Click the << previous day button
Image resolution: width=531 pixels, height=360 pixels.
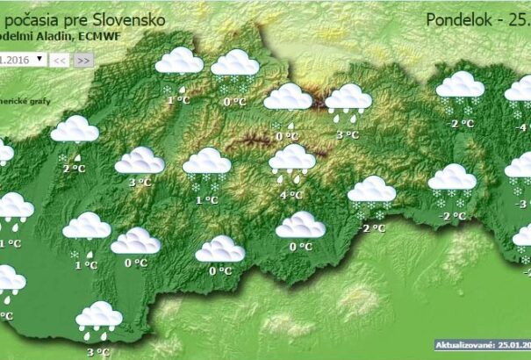click(x=59, y=60)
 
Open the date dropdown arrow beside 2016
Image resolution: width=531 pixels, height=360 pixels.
click(x=39, y=59)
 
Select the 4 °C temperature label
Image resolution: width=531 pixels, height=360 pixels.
click(x=291, y=194)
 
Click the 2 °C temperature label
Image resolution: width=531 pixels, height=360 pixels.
click(x=74, y=168)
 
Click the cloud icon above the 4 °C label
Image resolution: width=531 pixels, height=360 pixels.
click(x=292, y=160)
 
